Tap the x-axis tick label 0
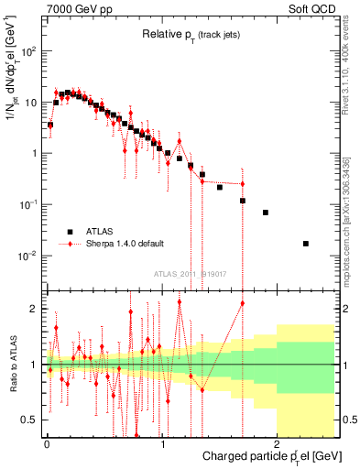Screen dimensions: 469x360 [47, 444]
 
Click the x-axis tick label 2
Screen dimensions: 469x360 [278, 444]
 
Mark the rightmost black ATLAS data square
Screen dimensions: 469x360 [306, 244]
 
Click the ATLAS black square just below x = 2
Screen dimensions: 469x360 [266, 213]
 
